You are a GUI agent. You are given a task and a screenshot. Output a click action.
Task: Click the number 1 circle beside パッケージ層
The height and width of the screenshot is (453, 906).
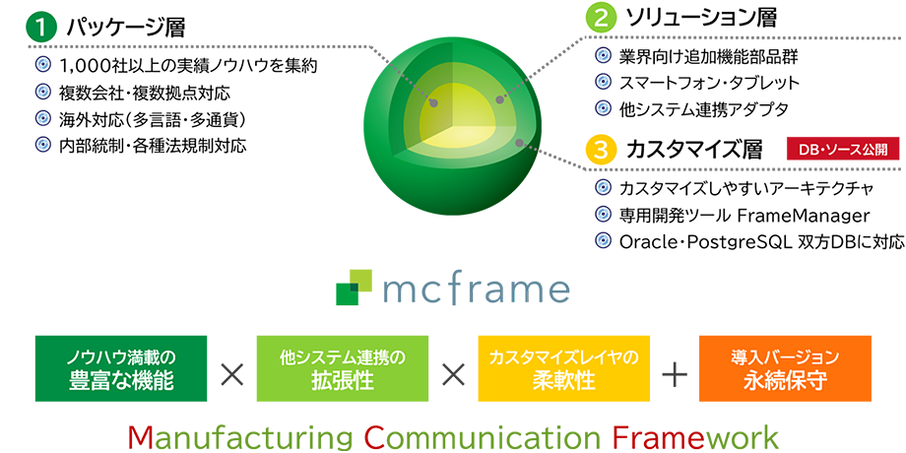pos(40,28)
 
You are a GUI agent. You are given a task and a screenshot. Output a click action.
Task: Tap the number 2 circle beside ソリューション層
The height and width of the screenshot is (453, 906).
pos(601,17)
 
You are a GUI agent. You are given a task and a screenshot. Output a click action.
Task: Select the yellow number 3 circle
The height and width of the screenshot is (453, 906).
pos(601,149)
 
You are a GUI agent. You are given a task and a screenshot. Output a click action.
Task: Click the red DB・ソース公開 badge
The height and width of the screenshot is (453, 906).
pos(843,149)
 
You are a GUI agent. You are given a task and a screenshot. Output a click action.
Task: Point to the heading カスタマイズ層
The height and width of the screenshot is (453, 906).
pos(694,150)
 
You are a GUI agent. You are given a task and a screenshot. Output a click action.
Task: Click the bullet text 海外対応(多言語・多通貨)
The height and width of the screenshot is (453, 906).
pos(153,119)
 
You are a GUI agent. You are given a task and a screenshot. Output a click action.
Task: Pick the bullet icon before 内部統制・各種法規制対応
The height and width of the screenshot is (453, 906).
pos(43,145)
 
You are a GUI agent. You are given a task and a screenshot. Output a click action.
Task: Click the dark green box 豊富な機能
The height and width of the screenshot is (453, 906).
pos(121,368)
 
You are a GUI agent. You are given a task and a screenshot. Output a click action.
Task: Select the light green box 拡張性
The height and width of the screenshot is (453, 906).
pos(342,368)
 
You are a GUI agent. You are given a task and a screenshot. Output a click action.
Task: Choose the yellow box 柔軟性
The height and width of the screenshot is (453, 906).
pos(563,368)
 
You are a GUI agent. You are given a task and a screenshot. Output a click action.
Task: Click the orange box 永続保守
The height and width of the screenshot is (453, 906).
pos(785,368)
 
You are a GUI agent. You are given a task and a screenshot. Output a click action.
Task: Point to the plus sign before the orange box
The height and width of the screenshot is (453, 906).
pos(675,376)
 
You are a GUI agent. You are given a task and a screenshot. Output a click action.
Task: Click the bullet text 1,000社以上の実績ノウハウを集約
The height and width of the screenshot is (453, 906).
pos(188,66)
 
